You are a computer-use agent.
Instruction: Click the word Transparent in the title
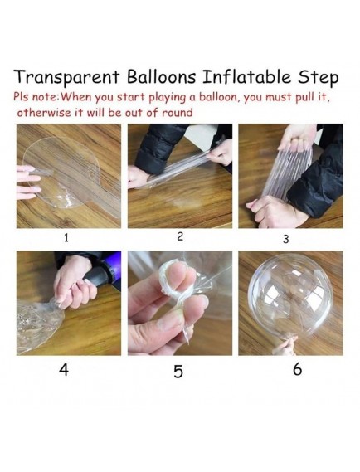click(67, 77)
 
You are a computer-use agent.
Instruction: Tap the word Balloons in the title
click(161, 76)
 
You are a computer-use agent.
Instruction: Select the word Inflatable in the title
click(246, 76)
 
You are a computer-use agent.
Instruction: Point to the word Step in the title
click(319, 78)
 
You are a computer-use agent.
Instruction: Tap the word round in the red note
click(177, 113)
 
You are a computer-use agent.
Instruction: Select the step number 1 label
click(66, 238)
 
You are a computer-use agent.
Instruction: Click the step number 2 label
click(180, 236)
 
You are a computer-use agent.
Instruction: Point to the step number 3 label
click(286, 239)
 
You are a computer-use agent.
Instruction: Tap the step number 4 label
click(64, 369)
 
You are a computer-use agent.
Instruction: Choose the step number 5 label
click(178, 371)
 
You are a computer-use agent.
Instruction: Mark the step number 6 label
click(297, 369)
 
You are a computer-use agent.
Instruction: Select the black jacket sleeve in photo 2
click(159, 147)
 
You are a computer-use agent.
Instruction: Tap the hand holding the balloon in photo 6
click(285, 347)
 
